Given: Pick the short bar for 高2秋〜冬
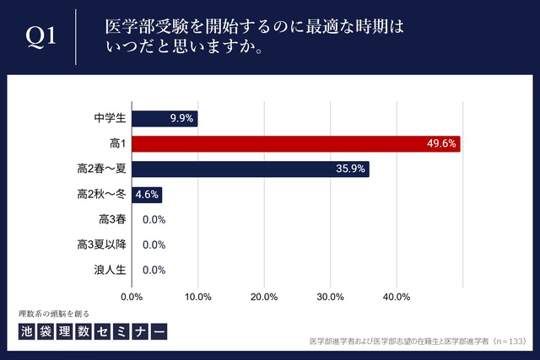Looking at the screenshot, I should tap(146, 194).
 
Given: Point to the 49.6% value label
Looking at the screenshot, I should tap(441, 143).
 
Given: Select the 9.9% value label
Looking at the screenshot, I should tap(182, 118).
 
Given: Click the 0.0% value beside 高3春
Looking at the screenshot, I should tap(154, 220).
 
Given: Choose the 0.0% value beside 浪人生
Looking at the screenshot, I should tap(154, 271).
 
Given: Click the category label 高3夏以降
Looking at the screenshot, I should tap(100, 245).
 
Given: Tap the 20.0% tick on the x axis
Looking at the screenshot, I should tap(264, 297).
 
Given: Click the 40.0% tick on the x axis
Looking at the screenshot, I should tap(397, 297).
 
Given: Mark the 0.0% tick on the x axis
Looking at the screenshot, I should tap(132, 297).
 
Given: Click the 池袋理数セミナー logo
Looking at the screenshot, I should tap(92, 331).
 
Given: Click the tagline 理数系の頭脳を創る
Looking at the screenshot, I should tap(52, 313).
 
